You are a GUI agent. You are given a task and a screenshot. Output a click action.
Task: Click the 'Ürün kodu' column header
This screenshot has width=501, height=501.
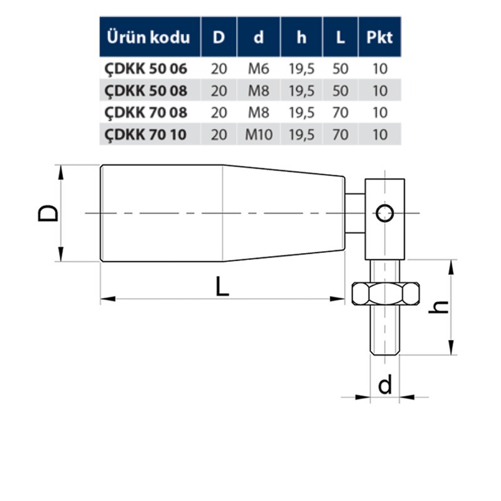point(149,37)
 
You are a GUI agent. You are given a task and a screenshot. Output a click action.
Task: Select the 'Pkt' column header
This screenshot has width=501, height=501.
point(380,37)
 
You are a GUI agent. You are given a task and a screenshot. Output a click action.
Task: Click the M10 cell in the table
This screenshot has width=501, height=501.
point(259,134)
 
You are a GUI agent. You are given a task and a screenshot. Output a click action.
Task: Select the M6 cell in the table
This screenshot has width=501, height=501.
point(259,69)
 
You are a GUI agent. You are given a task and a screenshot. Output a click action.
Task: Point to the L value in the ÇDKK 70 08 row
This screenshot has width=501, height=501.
point(340,113)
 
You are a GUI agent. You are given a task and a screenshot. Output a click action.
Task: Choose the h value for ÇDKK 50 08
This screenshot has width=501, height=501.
point(301,91)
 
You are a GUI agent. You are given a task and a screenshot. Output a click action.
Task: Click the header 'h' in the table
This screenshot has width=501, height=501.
point(301,37)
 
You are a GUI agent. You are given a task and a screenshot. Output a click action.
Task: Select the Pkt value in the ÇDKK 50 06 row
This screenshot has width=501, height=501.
point(380,69)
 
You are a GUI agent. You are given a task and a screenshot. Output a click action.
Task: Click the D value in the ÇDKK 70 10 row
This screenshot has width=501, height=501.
point(219,134)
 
